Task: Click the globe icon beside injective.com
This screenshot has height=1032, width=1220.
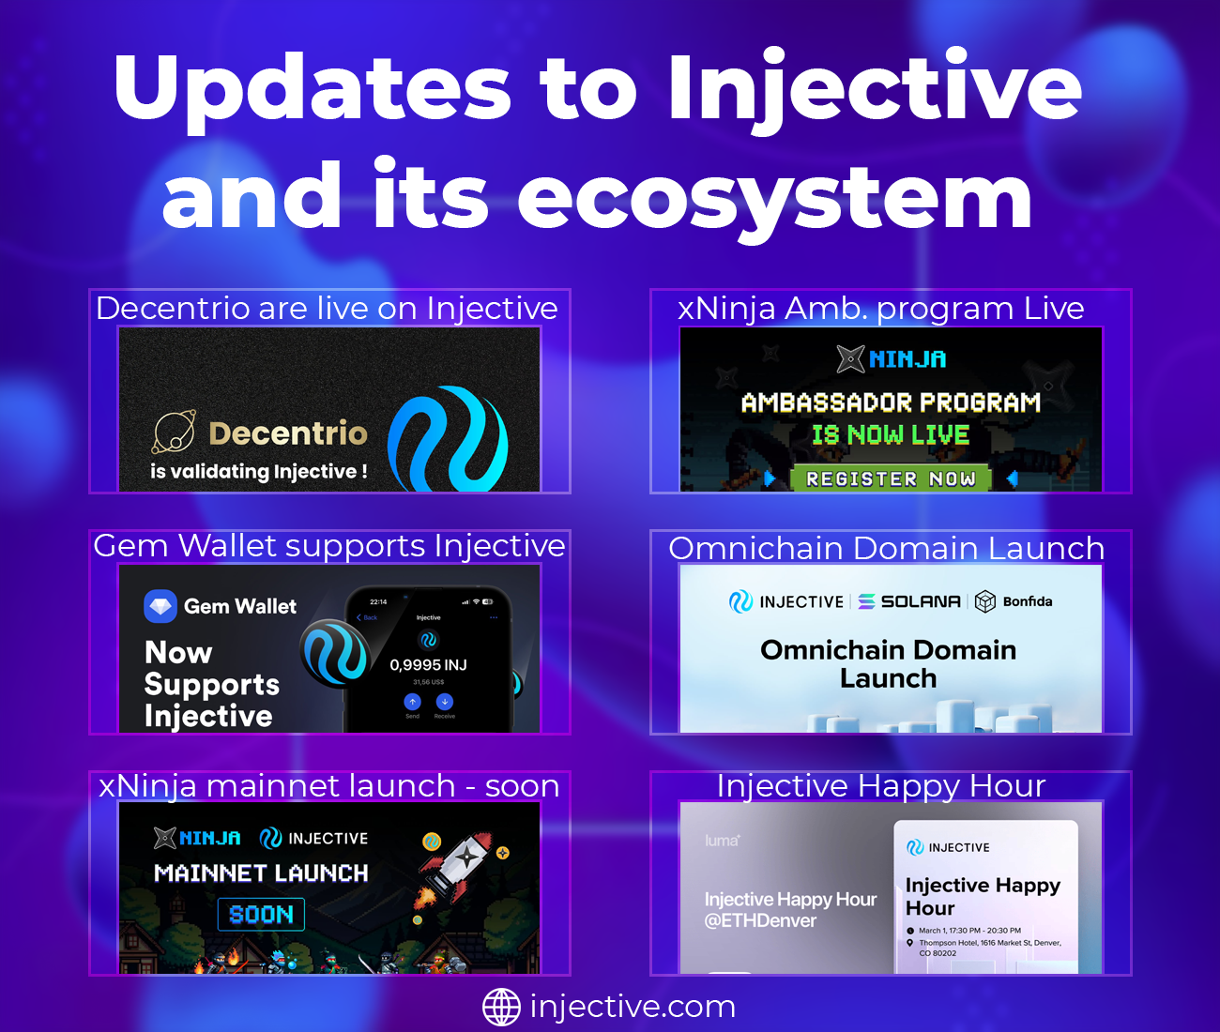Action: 501,1007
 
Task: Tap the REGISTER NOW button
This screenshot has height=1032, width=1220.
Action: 890,478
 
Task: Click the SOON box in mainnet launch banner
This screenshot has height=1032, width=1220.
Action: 261,914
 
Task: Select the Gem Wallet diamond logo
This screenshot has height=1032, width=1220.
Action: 160,606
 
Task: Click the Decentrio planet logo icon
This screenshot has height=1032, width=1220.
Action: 175,433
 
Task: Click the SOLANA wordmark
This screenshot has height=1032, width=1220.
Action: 920,601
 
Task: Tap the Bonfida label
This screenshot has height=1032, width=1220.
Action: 1027,601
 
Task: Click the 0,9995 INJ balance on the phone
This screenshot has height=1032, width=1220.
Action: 428,664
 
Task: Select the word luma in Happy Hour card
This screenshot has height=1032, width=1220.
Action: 722,841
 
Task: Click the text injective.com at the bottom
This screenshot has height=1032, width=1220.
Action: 633,1007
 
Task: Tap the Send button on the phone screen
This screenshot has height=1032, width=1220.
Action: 412,704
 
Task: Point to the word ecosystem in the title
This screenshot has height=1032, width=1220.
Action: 774,197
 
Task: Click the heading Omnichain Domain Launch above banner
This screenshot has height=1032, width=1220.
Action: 886,548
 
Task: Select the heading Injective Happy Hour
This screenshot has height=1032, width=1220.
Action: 880,786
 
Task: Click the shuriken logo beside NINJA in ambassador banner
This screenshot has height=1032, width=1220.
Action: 850,358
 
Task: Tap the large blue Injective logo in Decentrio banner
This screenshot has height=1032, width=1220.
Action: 449,439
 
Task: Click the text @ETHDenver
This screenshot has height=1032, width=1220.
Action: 760,920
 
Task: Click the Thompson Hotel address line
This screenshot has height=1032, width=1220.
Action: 989,943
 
